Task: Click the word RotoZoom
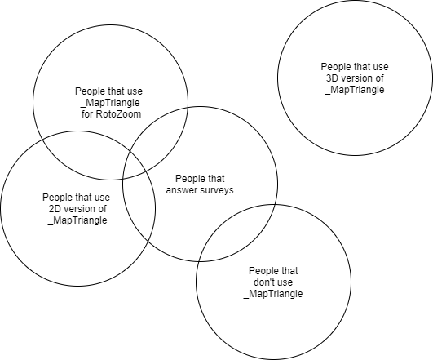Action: pos(118,114)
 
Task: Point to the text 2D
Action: pos(55,209)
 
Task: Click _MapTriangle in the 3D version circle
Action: pos(355,90)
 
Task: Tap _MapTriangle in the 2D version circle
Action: pos(77,220)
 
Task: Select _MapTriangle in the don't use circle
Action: pos(273,294)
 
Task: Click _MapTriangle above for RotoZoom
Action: pos(110,103)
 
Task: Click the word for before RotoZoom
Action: pos(87,114)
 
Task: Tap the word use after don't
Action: pos(285,282)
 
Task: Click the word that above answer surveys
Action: pos(215,179)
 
